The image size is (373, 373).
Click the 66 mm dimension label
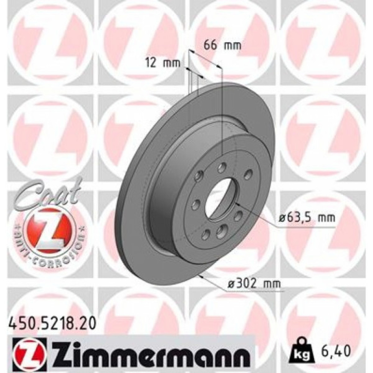(223, 46)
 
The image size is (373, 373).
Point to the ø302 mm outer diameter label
(253, 285)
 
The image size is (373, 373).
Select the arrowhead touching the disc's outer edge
(202, 276)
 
